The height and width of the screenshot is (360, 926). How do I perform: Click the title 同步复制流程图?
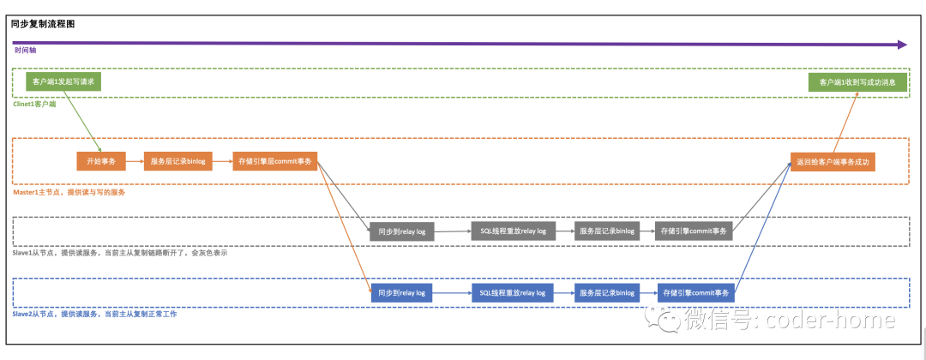point(43,24)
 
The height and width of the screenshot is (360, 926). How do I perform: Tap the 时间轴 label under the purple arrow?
point(26,51)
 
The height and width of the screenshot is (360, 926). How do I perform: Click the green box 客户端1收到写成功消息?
point(857,82)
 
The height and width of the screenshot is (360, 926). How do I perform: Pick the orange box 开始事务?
point(101,161)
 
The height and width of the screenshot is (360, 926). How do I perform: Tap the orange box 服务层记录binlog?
point(178,161)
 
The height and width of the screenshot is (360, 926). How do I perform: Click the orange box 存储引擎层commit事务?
point(274,161)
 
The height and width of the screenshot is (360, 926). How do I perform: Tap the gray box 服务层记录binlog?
point(607,231)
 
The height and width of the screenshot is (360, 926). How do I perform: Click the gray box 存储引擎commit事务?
point(694,231)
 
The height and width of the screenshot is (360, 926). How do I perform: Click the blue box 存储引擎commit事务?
point(694,293)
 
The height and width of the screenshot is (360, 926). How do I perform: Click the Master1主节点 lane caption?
point(69,192)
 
